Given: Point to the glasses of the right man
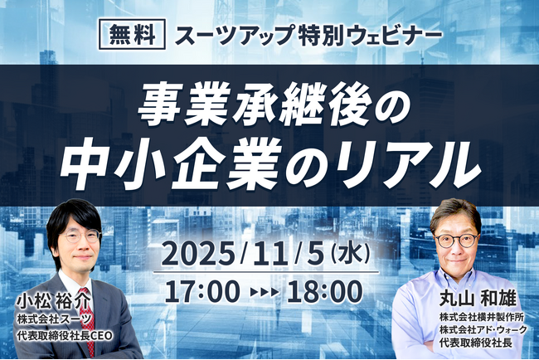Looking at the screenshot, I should (454, 240).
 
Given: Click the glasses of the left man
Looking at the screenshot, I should (80, 237).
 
